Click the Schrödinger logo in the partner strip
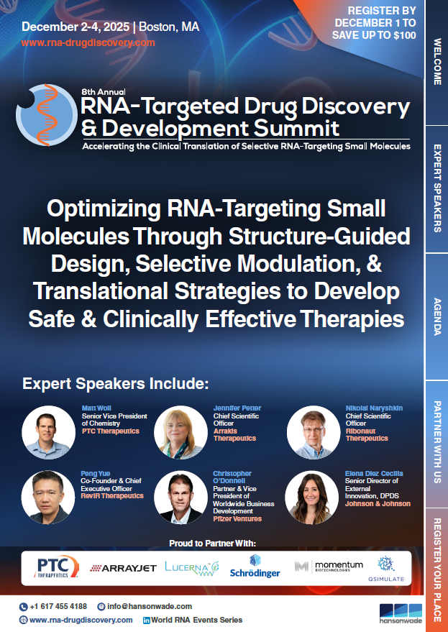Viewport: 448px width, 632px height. tap(255, 567)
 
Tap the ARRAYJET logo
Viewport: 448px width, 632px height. tap(122, 568)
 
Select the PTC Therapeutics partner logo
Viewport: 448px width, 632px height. tap(56, 567)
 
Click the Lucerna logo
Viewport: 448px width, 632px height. tap(191, 568)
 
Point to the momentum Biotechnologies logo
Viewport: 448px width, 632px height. tap(329, 567)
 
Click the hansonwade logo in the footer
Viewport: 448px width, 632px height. tap(401, 613)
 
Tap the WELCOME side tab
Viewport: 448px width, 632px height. tap(436, 62)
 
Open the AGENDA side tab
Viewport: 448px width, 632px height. tap(436, 316)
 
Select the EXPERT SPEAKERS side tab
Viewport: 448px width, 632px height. tap(436, 188)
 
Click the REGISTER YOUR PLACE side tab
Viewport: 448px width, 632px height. tap(436, 570)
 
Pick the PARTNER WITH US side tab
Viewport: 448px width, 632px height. tap(436, 444)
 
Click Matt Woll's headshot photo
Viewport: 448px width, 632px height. tap(48, 433)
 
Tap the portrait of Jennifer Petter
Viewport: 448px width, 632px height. tap(180, 433)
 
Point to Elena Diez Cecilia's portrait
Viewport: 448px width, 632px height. tap(311, 498)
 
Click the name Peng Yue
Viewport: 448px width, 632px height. tap(95, 474)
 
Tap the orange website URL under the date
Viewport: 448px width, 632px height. tap(88, 42)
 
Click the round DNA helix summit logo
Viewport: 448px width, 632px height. tap(46, 115)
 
